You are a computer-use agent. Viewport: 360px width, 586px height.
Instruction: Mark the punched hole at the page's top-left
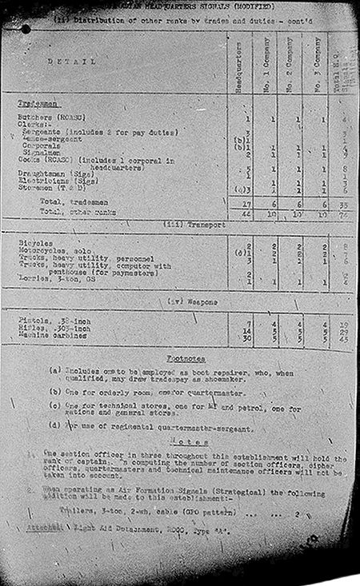(x=26, y=29)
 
